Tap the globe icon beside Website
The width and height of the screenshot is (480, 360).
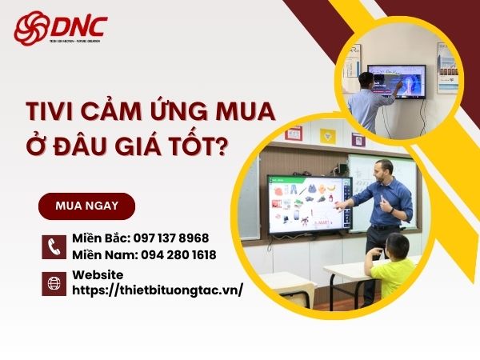(x=53, y=282)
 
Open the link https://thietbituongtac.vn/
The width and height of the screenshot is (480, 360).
(x=157, y=290)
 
